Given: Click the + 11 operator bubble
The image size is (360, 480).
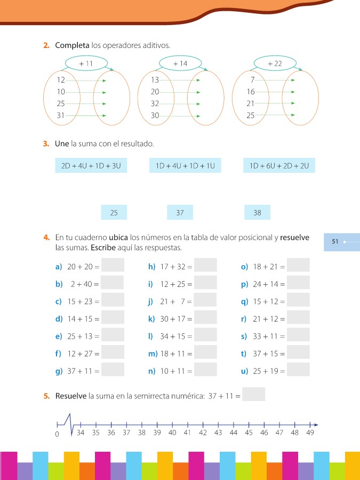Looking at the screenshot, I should coord(85,63).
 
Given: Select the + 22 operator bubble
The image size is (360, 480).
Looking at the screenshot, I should coord(275,63).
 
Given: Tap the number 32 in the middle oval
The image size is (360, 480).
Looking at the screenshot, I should coord(155,103).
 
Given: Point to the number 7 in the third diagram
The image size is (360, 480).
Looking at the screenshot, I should coord(252,80).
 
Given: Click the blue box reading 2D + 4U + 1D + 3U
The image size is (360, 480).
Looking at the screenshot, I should coord(91,166).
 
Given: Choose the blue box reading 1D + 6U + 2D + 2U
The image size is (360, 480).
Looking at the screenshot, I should coord(279,166).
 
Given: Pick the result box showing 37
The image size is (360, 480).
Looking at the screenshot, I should coord(180,213).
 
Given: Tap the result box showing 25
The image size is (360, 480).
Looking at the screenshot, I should coord(114,213).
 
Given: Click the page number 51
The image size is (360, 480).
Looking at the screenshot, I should coord(335,242).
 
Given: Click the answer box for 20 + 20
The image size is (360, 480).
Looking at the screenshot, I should coord(113,265).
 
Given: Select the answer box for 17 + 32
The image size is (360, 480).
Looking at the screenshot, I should coord(205,265).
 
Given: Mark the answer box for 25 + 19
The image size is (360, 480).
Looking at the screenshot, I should coord(298,370).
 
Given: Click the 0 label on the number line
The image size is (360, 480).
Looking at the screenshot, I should coord(57,434).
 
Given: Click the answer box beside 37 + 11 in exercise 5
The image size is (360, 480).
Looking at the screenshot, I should coord(253,395).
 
